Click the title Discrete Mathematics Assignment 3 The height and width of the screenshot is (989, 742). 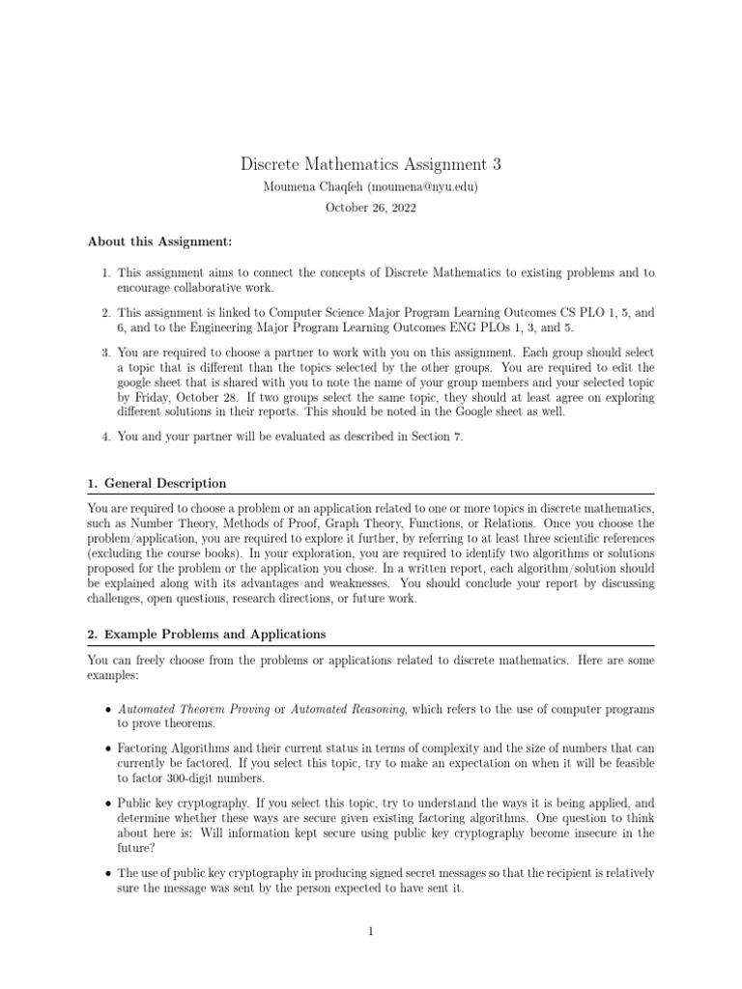click(370, 165)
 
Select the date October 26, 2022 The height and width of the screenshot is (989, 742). click(370, 208)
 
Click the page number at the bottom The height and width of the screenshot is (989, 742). click(371, 931)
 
